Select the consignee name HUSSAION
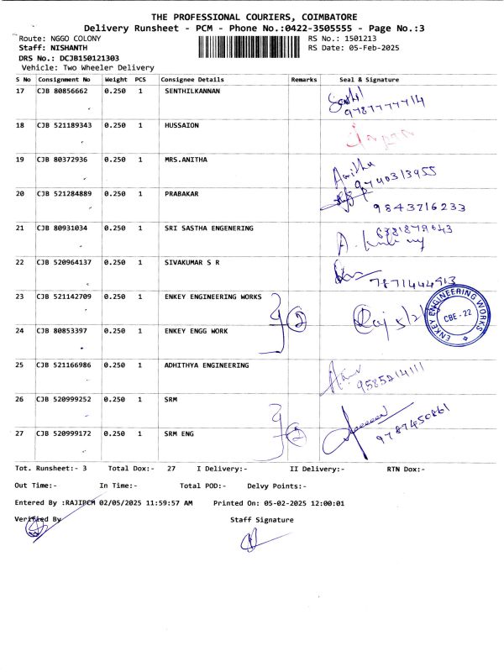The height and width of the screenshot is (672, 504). [182, 124]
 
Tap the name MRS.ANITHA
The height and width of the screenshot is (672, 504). [186, 159]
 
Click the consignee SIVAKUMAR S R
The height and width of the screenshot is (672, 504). [192, 262]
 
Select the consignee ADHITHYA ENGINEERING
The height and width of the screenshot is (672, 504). [207, 365]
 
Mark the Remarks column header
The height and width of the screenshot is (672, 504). [303, 79]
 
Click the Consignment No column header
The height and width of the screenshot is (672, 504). [65, 79]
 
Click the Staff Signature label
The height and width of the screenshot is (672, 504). [262, 520]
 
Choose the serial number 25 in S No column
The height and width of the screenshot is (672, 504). [20, 365]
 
